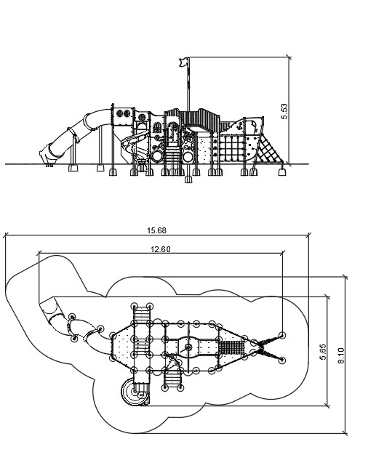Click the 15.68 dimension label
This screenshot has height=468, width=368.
156,230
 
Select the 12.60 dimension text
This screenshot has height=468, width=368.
161,249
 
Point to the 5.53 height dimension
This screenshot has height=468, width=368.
284,111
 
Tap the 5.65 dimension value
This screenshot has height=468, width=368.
323,352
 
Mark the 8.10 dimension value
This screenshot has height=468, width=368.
341,355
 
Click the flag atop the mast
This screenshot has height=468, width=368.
183,62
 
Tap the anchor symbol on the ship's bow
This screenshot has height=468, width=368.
239,126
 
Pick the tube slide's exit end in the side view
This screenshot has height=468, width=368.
47,155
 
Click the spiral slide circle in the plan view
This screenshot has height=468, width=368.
135,392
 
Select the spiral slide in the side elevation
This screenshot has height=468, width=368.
135,145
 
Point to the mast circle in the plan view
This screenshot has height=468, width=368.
188,347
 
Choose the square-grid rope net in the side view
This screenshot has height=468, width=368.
231,148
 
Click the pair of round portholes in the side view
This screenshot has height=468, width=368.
123,113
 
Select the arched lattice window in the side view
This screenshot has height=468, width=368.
156,127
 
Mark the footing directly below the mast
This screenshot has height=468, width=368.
188,179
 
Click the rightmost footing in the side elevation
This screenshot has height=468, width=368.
282,172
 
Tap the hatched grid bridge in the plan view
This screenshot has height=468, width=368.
232,347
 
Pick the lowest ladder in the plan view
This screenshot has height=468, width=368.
172,379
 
